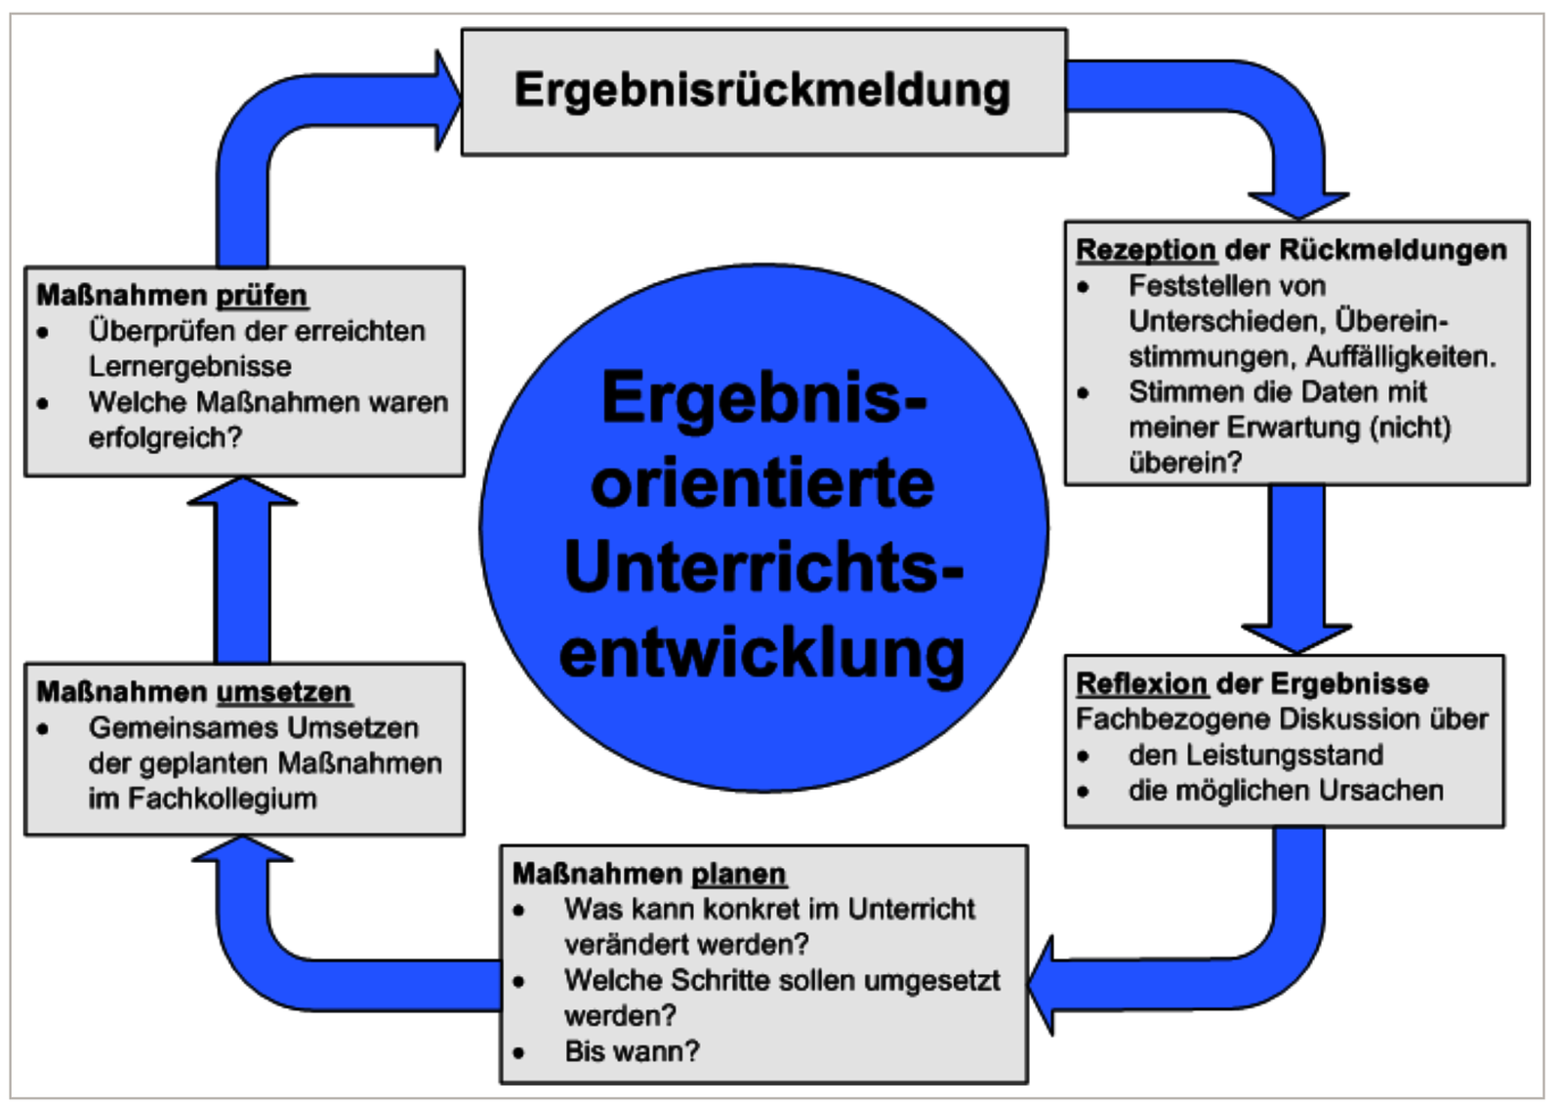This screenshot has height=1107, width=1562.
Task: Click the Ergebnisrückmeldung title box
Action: (x=762, y=91)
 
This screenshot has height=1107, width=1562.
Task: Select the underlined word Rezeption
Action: (x=1145, y=250)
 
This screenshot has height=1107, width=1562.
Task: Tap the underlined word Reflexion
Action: (x=1141, y=683)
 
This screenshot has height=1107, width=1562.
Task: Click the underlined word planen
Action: (x=738, y=873)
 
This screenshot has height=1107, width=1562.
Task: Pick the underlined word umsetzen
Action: (x=283, y=691)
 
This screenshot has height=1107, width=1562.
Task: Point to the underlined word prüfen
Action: (x=261, y=295)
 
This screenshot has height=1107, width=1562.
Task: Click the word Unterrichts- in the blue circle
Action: (x=762, y=566)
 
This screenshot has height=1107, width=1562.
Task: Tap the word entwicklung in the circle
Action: (x=762, y=652)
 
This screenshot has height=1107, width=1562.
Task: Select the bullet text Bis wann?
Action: (x=632, y=1051)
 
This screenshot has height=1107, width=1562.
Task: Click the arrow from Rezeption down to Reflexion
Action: (x=1296, y=566)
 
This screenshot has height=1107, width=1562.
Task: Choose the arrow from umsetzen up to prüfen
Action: (x=242, y=571)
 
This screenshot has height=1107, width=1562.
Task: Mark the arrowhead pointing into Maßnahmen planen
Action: (x=1043, y=984)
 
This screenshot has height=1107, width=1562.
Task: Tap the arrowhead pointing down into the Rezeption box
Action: (x=1298, y=204)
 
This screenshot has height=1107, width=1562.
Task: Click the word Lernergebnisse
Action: (x=190, y=366)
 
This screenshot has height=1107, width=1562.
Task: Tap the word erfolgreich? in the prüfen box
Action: (x=165, y=437)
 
